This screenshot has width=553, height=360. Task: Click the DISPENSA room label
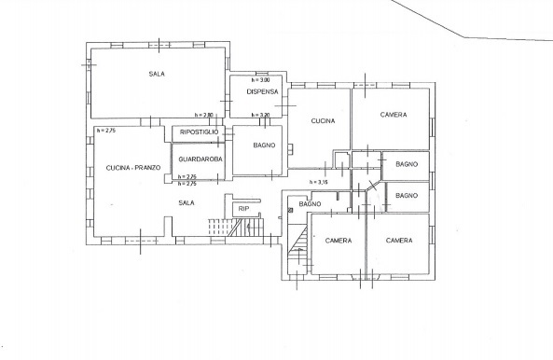(x=262, y=91)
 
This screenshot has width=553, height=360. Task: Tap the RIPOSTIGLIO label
(x=199, y=132)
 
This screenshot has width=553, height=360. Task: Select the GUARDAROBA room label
(x=200, y=159)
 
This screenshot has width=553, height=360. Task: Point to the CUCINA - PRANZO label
(x=133, y=168)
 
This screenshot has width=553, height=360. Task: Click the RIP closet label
(x=243, y=209)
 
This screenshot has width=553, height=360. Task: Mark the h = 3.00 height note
(x=260, y=80)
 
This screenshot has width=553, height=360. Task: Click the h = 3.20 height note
(x=260, y=115)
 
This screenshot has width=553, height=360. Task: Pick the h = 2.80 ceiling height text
(x=204, y=115)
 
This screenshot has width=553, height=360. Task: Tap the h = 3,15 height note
(x=319, y=182)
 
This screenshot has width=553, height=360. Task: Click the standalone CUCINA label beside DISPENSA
(x=323, y=121)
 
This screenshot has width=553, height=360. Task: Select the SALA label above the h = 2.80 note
(x=157, y=74)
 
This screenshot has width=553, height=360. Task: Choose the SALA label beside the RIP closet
(x=187, y=202)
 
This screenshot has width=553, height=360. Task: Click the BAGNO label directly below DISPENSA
(x=264, y=145)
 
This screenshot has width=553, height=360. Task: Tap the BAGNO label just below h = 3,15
(x=310, y=204)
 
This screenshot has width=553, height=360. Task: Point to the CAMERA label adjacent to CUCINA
(x=394, y=115)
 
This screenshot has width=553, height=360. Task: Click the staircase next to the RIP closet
(x=236, y=227)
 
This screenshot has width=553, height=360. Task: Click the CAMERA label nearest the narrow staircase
(x=339, y=241)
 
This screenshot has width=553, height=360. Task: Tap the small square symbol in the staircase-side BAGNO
(x=291, y=211)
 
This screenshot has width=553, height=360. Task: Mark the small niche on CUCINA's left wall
(x=290, y=149)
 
